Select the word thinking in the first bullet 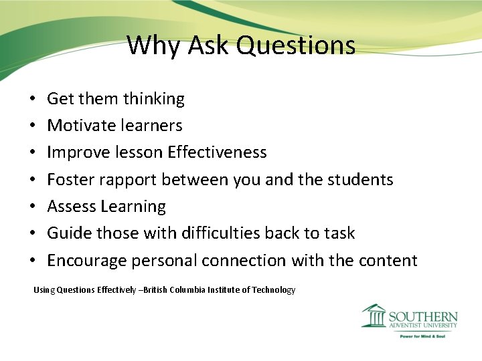point(153,99)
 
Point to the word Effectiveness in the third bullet point(217,152)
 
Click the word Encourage point(84,260)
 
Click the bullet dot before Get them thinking point(33,100)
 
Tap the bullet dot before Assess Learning point(33,207)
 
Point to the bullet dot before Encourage point(33,261)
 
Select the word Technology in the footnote point(272,290)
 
